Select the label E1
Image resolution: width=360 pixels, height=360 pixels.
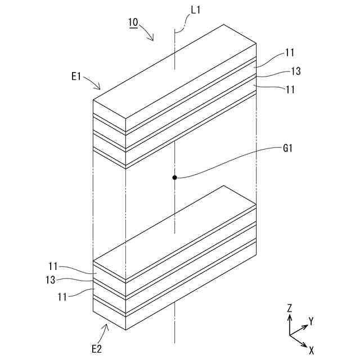tap(78, 76)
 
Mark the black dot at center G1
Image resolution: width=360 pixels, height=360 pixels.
tap(175, 178)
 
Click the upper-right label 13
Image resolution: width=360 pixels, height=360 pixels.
tap(296, 71)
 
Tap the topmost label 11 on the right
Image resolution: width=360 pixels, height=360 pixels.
tap(290, 53)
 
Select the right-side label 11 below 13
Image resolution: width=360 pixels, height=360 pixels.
tap(290, 89)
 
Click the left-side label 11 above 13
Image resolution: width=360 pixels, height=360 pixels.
tap(53, 266)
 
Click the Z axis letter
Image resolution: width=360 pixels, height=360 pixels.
tap(289, 308)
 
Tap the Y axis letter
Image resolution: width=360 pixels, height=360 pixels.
tap(310, 321)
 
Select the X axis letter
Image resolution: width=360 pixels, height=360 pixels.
tap(311, 349)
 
